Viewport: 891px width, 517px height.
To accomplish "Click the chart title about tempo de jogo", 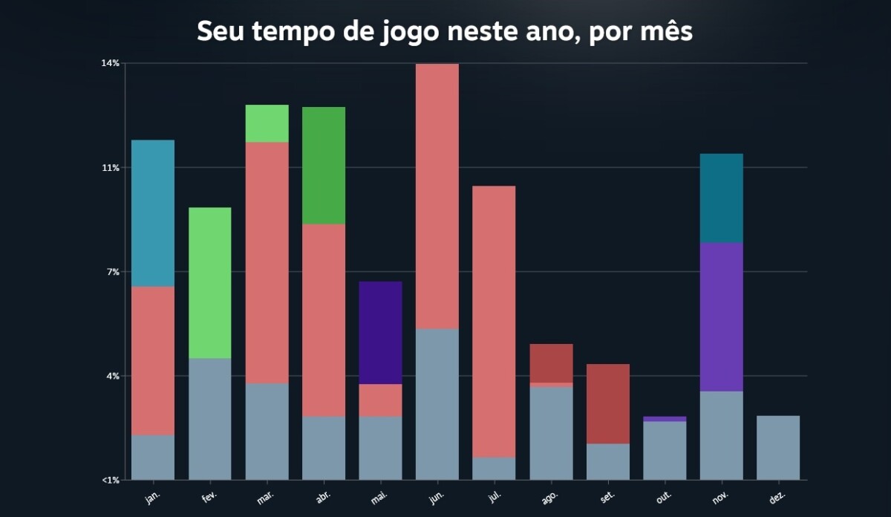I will (445, 32).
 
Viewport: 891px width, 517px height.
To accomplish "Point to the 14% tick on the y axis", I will (111, 63).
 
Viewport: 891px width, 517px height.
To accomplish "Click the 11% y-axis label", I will (111, 168).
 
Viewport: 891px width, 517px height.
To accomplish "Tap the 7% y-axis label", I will (113, 272).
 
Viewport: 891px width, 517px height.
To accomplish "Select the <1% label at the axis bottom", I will (110, 480).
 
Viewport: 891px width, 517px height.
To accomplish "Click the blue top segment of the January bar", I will (153, 213).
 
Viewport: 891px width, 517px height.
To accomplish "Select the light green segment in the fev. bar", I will (209, 283).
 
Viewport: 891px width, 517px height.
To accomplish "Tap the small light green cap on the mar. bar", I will (267, 123).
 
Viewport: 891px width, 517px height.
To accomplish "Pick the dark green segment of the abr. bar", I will (324, 166).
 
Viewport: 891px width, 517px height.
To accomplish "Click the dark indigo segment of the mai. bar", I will (380, 333).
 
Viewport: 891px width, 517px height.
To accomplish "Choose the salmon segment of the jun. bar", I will (437, 196).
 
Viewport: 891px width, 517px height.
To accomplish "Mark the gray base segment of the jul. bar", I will (494, 469).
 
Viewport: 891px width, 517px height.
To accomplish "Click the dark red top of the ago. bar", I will (551, 363).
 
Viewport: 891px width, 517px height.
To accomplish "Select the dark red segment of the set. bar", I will (608, 404).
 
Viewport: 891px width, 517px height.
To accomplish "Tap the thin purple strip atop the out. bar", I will (665, 419).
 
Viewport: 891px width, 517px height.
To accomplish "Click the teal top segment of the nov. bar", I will (722, 198).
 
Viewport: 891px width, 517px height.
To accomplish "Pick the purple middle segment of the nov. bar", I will (722, 317).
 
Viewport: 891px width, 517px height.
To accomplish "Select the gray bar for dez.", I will (778, 448).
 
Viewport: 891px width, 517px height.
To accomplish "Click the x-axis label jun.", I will (437, 496).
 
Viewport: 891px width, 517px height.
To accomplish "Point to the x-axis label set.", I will (607, 496).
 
